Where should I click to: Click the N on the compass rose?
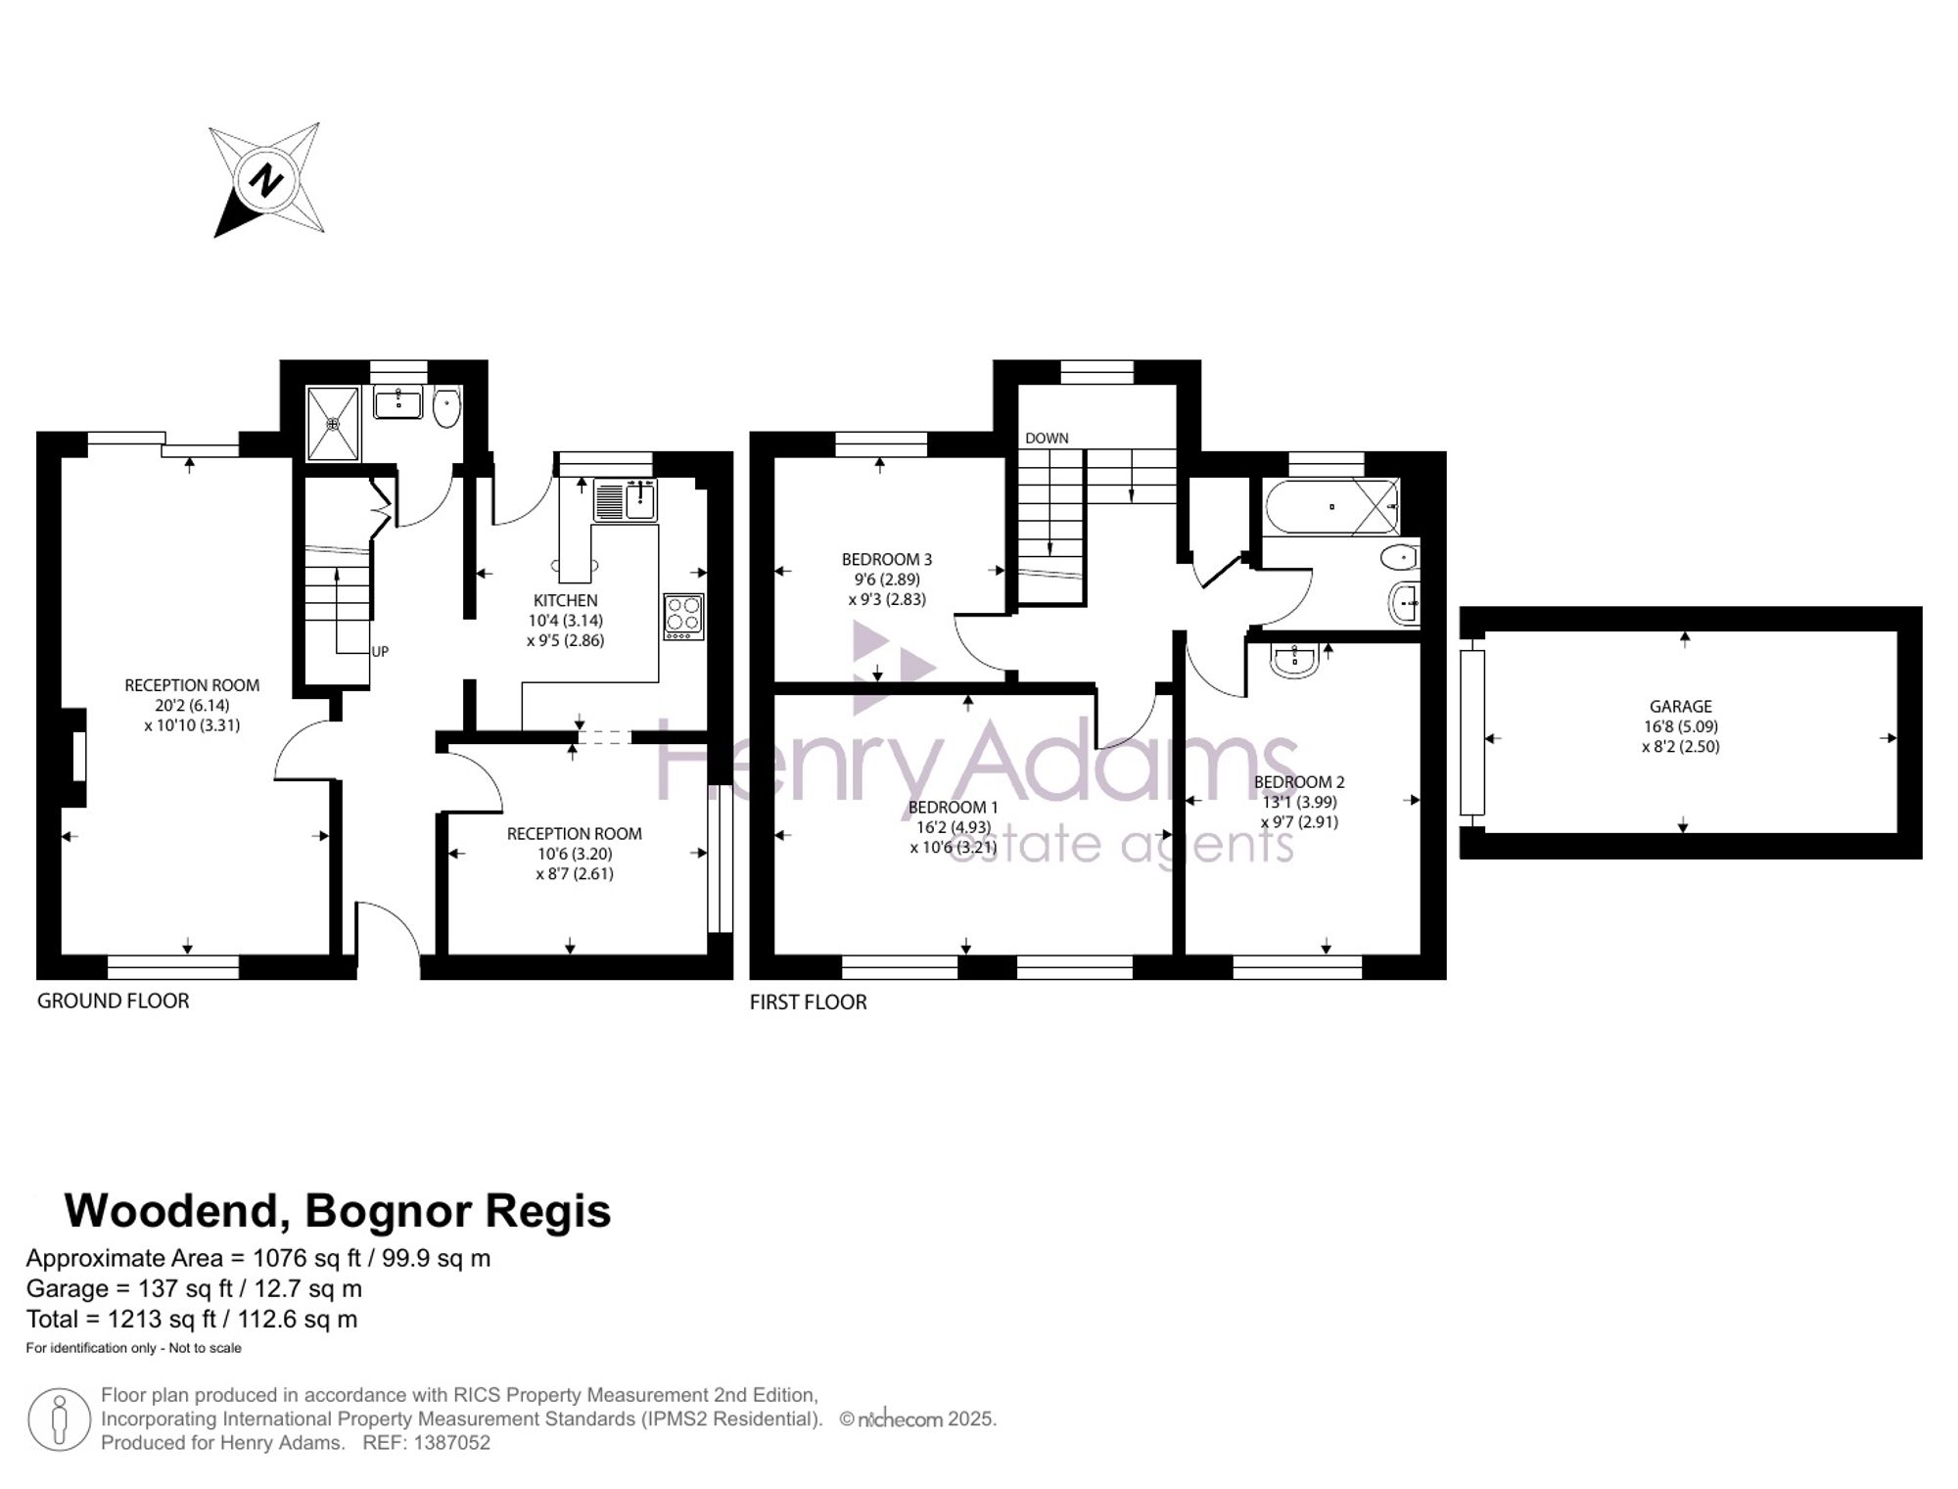266,180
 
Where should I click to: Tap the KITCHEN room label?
565,600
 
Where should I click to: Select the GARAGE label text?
1681,706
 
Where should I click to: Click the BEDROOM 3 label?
887,559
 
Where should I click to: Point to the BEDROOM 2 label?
1299,781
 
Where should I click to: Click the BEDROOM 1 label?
954,807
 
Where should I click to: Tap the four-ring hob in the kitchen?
683,617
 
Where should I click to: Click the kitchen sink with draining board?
626,500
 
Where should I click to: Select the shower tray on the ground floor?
334,423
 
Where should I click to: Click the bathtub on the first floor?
1331,507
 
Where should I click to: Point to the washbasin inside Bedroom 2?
1295,660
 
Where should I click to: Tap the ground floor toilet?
446,407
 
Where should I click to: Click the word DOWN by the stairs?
1047,438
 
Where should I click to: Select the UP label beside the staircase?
380,651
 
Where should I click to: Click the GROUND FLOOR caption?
113,1000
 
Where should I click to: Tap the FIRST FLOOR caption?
808,1001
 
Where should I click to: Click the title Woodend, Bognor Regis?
338,1211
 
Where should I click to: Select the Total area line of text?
192,1319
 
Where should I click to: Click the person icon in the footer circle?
60,1419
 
